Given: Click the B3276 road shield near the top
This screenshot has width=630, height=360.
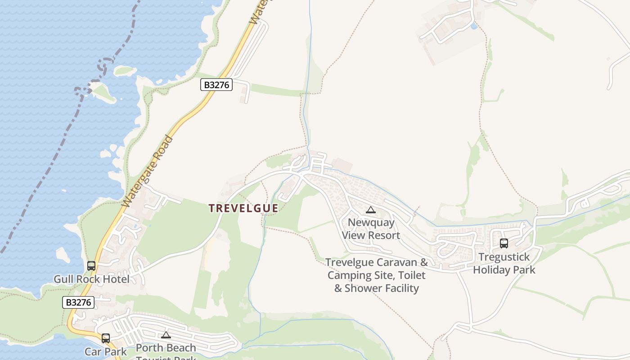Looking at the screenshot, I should click(x=216, y=85).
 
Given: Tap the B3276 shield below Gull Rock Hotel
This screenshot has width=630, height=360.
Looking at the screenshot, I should click(x=78, y=302).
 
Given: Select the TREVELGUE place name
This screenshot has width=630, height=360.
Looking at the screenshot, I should click(x=243, y=208).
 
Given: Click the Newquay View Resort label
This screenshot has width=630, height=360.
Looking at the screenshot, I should click(x=371, y=229).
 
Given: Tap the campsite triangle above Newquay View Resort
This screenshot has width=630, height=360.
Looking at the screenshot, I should click(x=370, y=210).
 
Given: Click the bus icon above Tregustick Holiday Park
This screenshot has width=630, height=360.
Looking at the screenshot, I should click(x=504, y=243).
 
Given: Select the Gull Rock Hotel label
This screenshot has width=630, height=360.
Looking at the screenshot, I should click(x=91, y=279).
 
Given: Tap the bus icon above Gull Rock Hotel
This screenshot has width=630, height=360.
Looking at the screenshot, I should click(x=91, y=266).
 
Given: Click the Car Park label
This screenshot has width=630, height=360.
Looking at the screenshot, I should click(x=106, y=351).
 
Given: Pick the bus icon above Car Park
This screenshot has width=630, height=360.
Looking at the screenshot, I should click(x=106, y=338).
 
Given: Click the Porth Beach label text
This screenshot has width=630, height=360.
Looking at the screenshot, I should click(x=166, y=348).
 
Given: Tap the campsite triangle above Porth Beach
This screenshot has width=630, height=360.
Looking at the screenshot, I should click(x=166, y=335).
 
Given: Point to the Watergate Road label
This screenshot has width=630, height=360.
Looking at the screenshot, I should click(x=147, y=171).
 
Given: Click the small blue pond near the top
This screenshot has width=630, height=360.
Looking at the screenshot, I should click(x=474, y=27).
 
